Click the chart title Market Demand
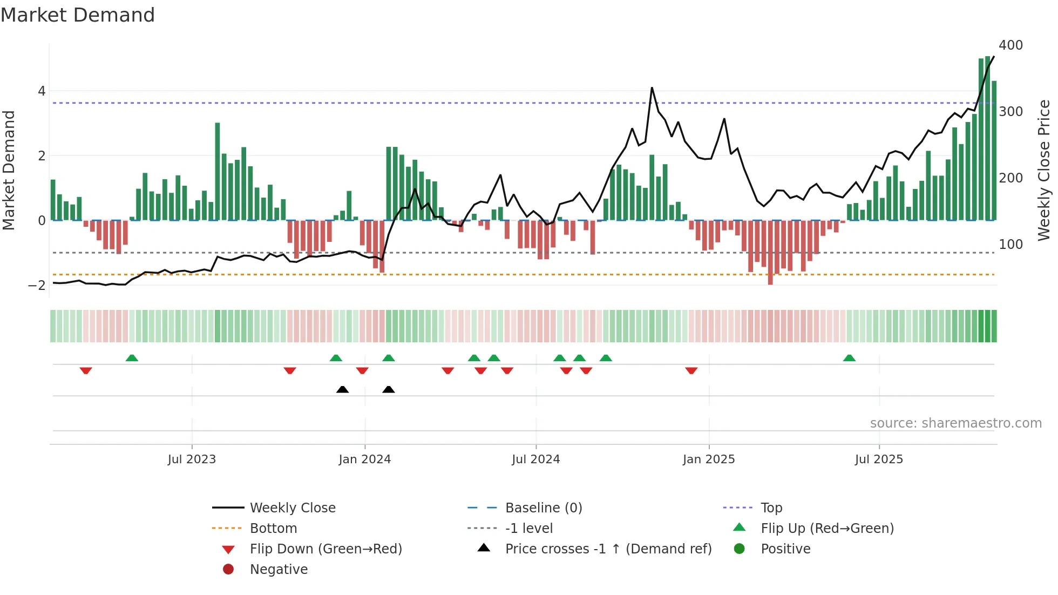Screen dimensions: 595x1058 78,15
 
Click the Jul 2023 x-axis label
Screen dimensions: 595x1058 192,459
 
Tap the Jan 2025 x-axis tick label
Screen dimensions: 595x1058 708,459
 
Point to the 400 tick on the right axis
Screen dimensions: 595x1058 1010,45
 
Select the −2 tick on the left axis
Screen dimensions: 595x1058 37,285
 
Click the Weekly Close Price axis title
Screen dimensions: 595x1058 1044,170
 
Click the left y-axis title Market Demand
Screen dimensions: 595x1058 9,170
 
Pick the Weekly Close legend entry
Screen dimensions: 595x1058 292,508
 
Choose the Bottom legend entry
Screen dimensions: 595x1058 273,529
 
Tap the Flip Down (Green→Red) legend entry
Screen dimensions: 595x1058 325,549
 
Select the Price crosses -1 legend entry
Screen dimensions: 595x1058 608,549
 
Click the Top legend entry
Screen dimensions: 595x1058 771,508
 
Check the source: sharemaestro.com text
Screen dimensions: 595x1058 955,423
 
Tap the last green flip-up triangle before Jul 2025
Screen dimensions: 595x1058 849,358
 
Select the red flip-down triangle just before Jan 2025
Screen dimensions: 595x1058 691,370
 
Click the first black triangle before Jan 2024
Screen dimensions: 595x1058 342,389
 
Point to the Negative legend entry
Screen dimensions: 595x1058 278,570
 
